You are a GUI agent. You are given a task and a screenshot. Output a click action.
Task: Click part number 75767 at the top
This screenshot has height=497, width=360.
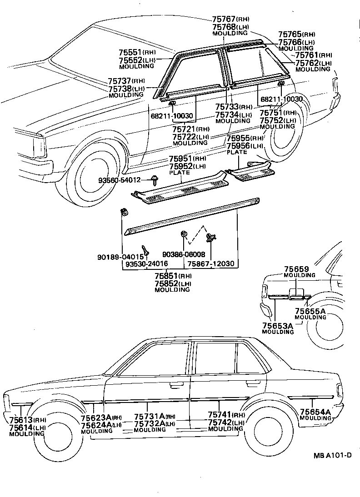(223, 19)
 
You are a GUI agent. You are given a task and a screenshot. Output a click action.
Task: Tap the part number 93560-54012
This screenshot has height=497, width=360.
(120, 180)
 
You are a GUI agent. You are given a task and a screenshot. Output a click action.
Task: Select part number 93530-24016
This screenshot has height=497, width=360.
(147, 264)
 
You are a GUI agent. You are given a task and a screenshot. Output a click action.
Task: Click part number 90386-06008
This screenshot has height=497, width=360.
(184, 255)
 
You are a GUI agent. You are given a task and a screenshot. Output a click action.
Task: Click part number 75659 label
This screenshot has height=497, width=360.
(296, 269)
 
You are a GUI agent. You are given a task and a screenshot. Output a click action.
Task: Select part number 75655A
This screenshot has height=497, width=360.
(310, 311)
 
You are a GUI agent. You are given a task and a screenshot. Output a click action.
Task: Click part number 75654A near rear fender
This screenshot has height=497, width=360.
(315, 412)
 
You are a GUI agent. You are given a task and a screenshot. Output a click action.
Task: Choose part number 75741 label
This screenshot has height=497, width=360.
(220, 415)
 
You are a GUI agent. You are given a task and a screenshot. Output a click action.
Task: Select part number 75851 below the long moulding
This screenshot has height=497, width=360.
(166, 276)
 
